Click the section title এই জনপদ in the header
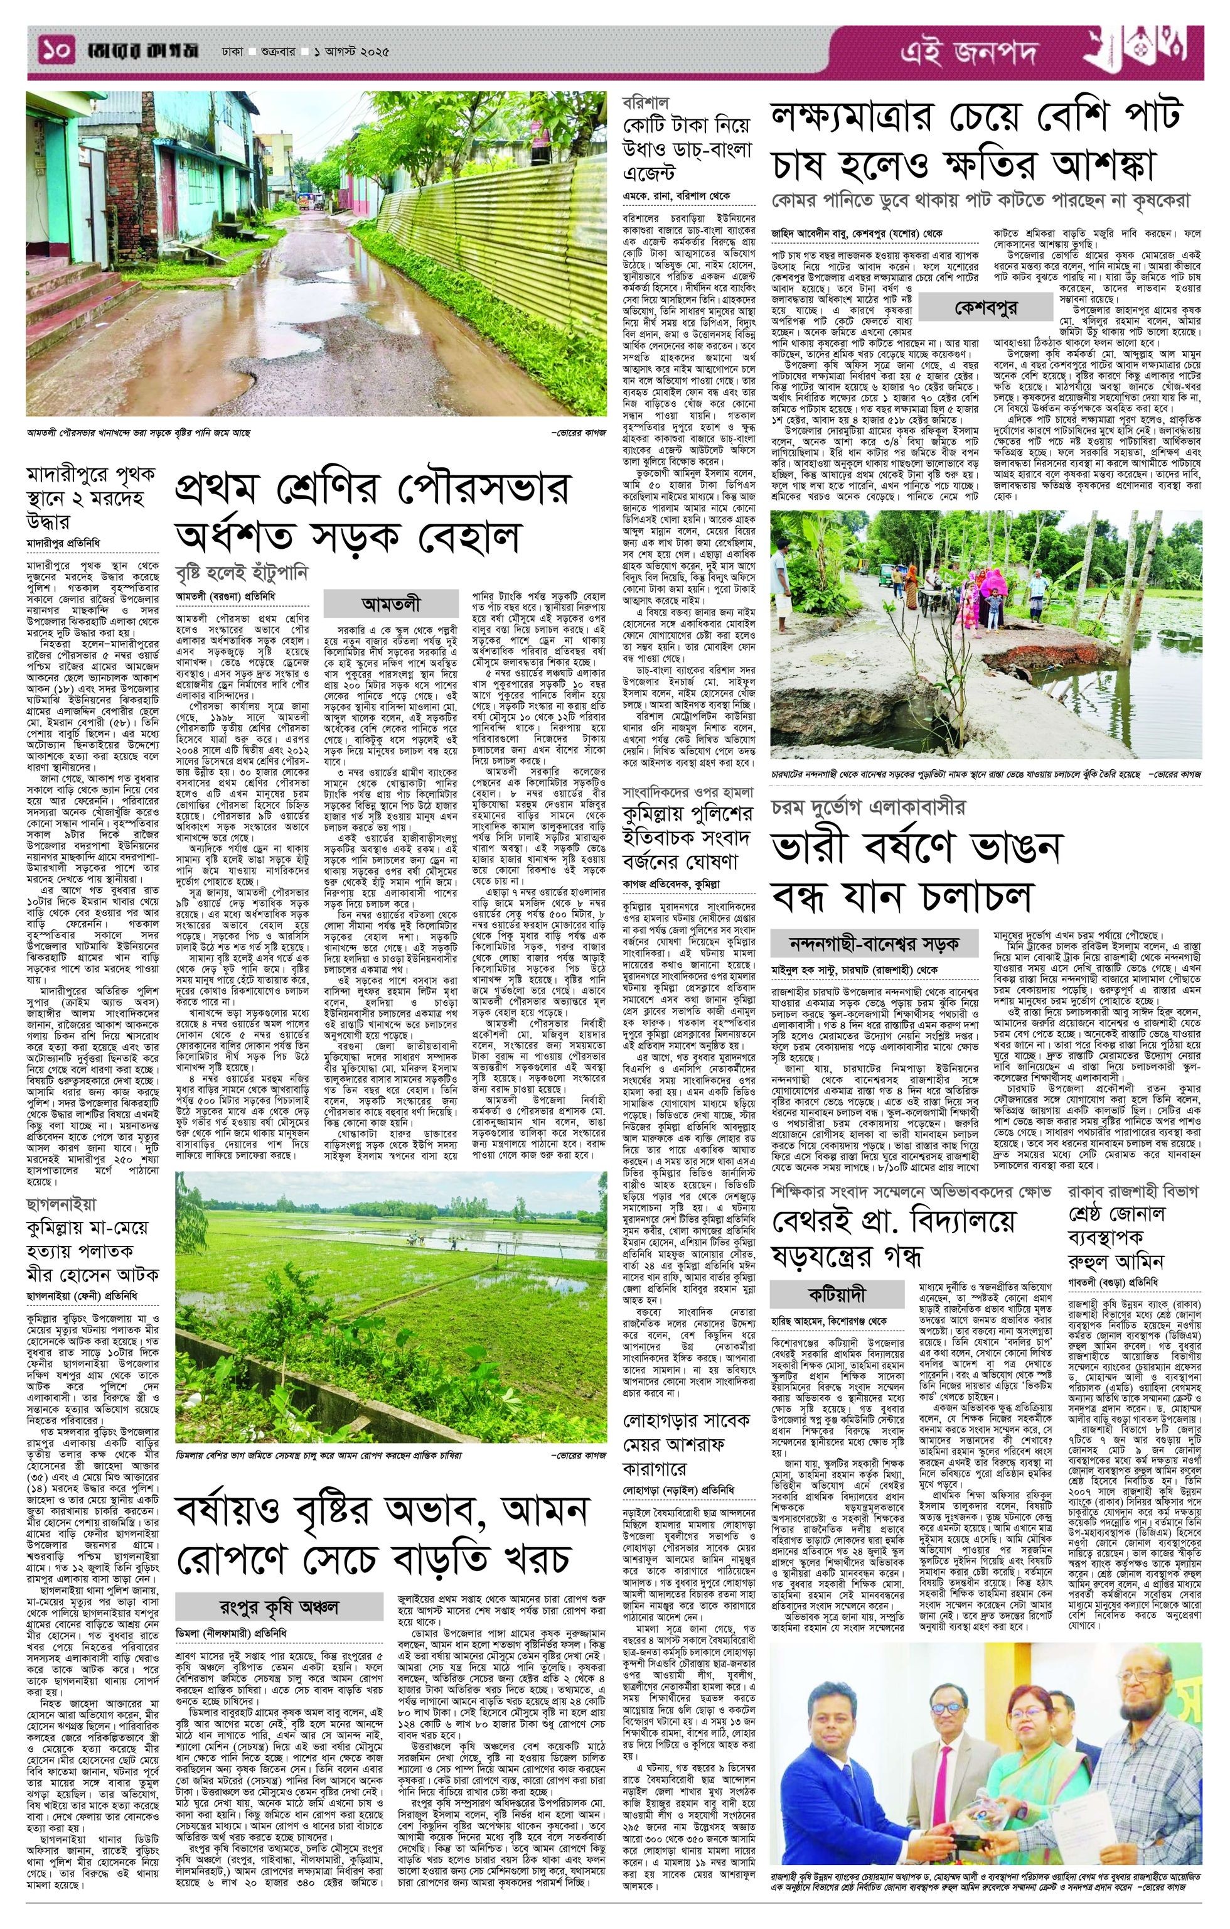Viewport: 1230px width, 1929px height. pos(968,53)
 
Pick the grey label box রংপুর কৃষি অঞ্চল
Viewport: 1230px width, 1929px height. pos(279,1584)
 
